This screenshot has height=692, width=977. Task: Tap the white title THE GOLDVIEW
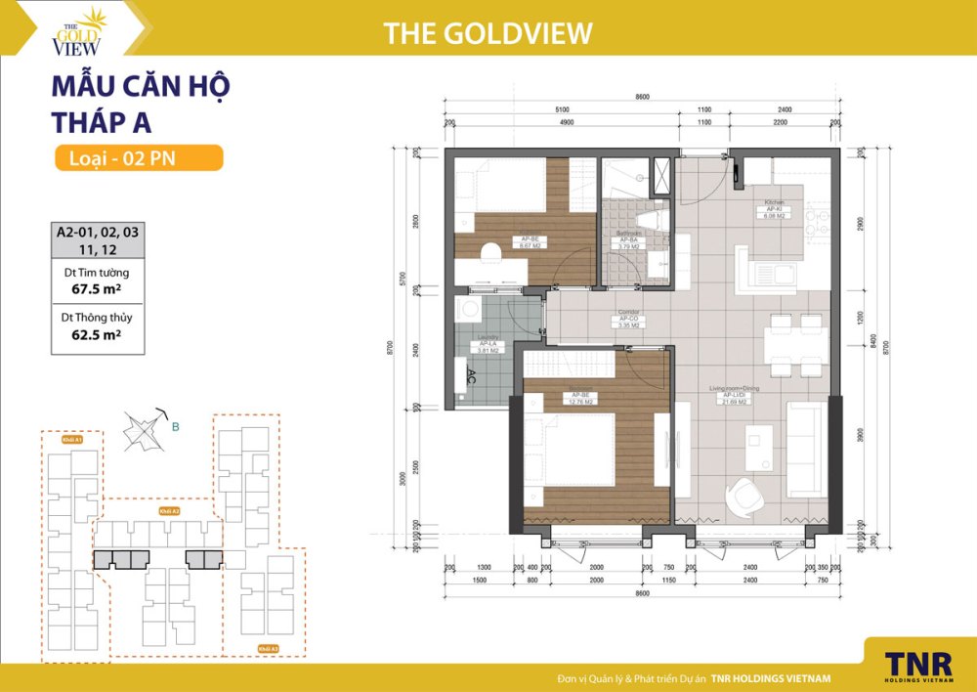tap(488, 33)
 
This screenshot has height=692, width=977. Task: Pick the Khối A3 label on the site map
tap(268, 648)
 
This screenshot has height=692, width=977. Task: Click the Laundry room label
tap(486, 343)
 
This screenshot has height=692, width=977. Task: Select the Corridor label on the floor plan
tap(628, 319)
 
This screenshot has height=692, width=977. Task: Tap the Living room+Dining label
tap(735, 394)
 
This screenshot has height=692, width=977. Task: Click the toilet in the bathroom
tap(653, 218)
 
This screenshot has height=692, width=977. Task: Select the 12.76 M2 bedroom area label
tap(583, 402)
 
